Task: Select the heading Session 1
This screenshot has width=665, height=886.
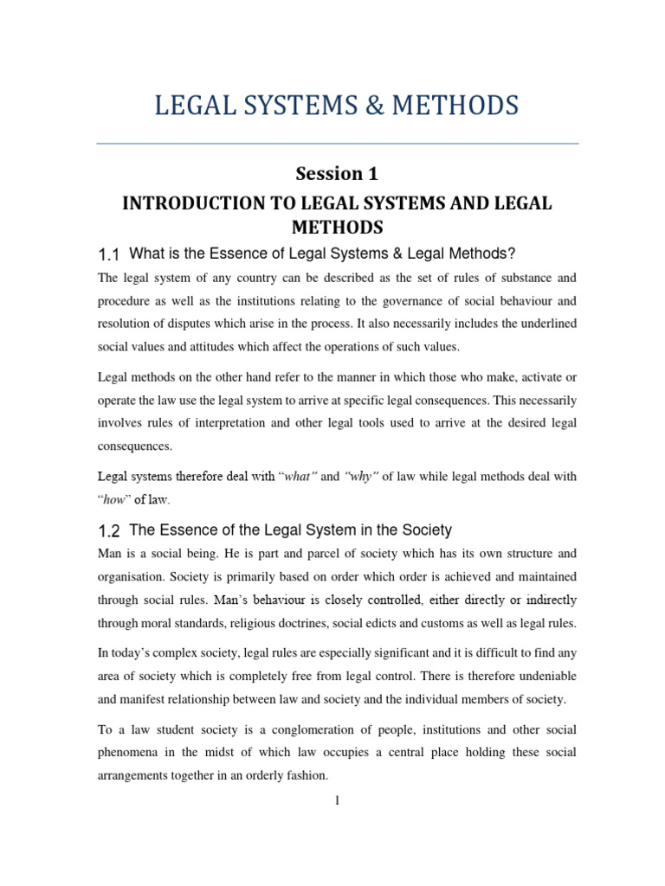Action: [x=337, y=173]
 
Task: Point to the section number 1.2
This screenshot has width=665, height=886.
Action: [x=108, y=530]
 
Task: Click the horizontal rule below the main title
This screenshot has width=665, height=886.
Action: [x=337, y=144]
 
